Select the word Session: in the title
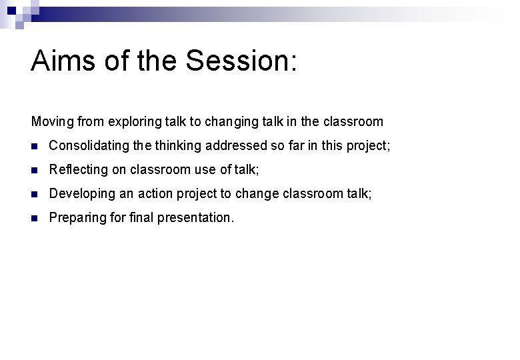pos(241,61)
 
